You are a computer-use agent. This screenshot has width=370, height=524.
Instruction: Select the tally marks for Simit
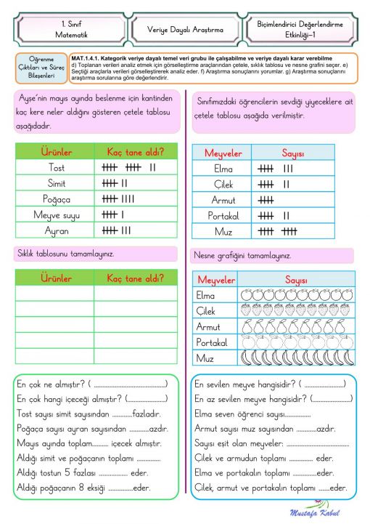[x=115, y=183]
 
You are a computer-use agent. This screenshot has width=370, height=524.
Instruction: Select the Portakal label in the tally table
[x=223, y=216]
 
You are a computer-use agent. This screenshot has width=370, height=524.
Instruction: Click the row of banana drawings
[x=297, y=358]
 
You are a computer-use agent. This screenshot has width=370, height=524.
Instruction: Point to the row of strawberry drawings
[x=297, y=311]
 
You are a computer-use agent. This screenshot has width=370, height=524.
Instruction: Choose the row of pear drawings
[x=297, y=326]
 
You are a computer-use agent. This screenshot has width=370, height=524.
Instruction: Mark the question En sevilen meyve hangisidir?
[x=247, y=384]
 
